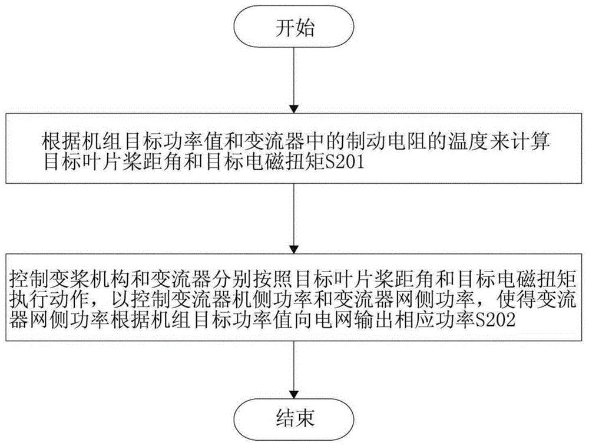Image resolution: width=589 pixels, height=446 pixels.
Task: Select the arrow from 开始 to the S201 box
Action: tap(293, 82)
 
